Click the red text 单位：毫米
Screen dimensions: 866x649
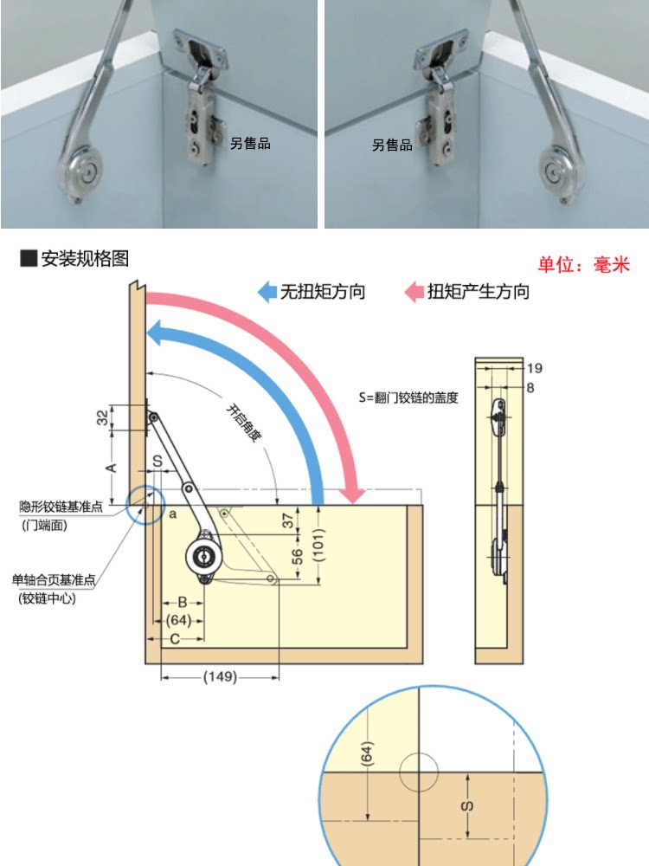point(584,265)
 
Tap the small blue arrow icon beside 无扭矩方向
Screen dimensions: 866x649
point(267,291)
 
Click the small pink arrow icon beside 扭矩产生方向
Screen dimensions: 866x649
point(414,291)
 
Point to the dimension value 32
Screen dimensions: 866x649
point(102,417)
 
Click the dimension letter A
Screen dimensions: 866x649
point(110,468)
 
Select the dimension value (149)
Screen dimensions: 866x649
point(220,677)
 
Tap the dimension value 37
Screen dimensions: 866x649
point(287,521)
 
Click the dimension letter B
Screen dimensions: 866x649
point(182,601)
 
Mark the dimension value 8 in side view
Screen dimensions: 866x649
point(530,387)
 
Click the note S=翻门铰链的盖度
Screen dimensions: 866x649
point(408,398)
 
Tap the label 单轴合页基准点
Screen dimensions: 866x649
point(53,580)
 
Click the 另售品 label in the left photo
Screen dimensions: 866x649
point(250,143)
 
